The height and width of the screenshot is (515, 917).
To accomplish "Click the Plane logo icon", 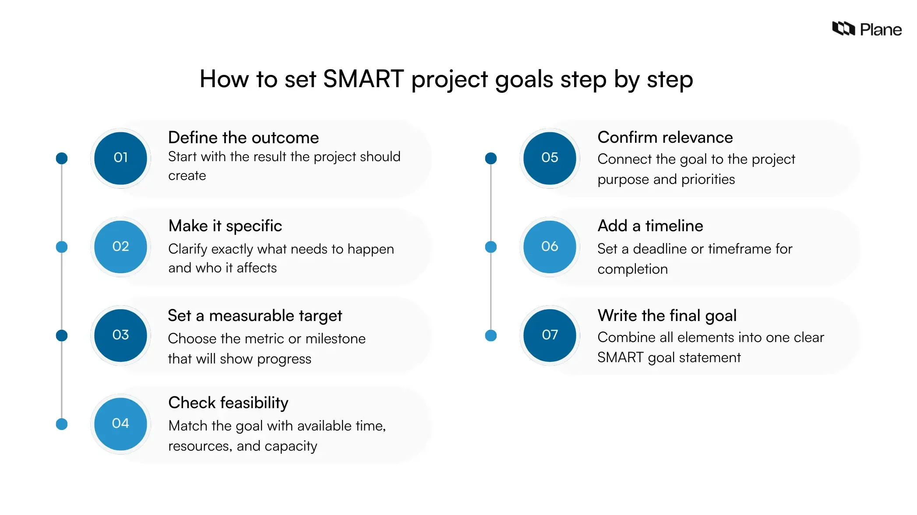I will coord(843,29).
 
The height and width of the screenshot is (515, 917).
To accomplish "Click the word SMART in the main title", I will coord(363,79).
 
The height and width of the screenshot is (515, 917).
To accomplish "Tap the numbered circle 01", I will coord(120,158).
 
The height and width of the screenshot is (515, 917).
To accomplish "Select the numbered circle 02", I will coord(120,247).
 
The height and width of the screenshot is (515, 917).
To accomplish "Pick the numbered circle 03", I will coord(120,335).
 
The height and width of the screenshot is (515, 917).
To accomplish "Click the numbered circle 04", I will coord(120,423).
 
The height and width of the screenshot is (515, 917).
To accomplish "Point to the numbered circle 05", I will coord(550,158).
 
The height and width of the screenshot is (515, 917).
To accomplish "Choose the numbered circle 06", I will coord(550,247).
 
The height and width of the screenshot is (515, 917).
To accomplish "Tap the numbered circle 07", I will coord(550,335).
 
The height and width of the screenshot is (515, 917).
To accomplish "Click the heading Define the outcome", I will coord(243,138).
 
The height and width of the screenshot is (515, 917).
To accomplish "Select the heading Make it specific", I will coord(225,226).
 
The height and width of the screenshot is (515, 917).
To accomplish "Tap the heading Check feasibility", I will coord(228,403).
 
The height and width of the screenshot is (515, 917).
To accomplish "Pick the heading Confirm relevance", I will coord(665,138).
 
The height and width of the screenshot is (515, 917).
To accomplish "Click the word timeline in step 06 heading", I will coord(674,226).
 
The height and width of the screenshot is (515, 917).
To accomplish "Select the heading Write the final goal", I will coord(667,316).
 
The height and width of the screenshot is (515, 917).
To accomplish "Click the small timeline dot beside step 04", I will coord(62,424).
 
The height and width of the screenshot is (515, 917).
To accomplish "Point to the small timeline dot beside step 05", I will coord(491,159).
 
